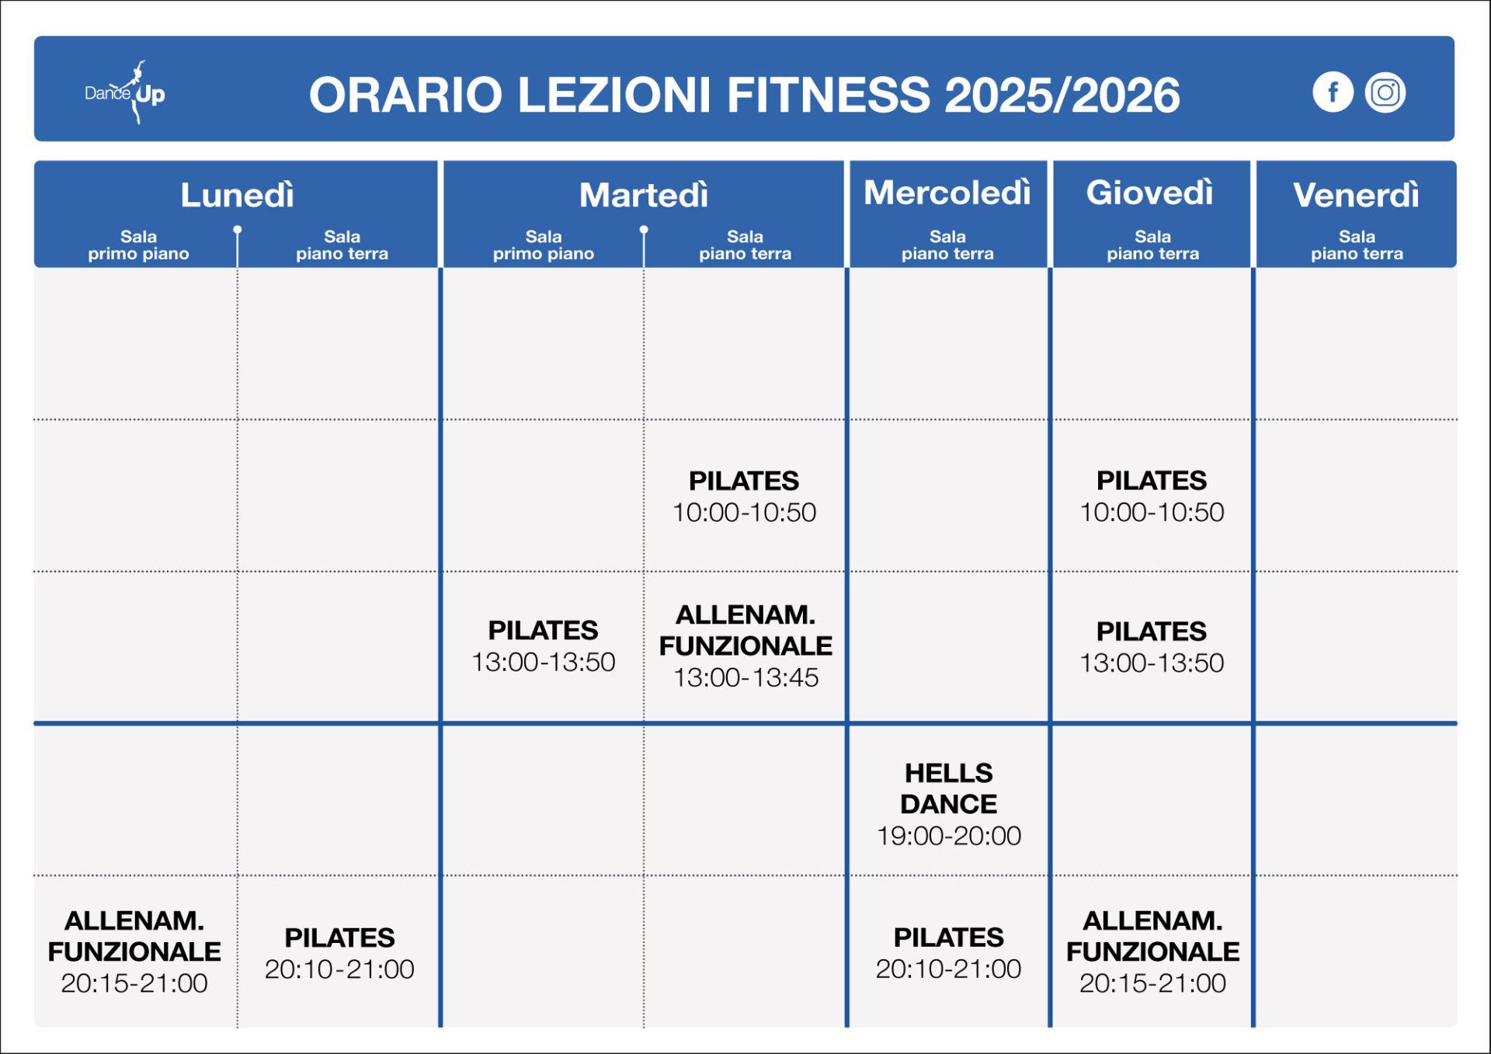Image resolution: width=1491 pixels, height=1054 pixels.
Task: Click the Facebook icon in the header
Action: point(1333,92)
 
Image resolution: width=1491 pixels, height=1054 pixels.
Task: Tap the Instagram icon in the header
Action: point(1385,92)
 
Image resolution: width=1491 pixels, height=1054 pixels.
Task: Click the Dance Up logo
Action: point(125,92)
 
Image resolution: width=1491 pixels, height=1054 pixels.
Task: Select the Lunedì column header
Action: point(238,195)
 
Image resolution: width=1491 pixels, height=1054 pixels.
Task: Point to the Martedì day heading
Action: point(644,195)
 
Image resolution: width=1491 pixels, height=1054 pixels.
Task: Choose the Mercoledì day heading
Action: point(947,193)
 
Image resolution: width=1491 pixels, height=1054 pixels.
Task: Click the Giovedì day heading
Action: point(1150,193)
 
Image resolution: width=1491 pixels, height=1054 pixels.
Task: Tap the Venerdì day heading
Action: point(1356,195)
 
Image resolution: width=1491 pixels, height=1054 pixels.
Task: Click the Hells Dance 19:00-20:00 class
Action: point(949,804)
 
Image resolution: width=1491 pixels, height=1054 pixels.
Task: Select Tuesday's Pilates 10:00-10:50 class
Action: point(744,496)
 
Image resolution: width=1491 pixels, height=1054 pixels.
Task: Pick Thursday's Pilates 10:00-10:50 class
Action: point(1152,496)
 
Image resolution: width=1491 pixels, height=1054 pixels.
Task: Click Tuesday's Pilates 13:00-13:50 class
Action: point(543,645)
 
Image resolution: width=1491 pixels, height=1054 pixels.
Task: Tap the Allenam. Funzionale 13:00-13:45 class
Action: point(745,645)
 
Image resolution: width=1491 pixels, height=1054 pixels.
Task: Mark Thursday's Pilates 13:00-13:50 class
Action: point(1152,646)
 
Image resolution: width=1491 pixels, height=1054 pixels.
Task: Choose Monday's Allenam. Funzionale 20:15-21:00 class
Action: point(134,951)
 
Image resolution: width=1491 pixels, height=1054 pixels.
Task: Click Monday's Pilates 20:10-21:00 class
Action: point(339,953)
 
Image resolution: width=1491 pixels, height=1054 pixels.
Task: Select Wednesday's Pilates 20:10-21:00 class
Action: point(948,953)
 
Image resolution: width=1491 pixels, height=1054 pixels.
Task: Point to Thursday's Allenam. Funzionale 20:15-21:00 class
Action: point(1153,951)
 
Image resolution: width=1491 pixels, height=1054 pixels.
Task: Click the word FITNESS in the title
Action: point(829,95)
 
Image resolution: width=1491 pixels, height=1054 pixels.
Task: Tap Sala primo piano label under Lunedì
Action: point(138,245)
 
